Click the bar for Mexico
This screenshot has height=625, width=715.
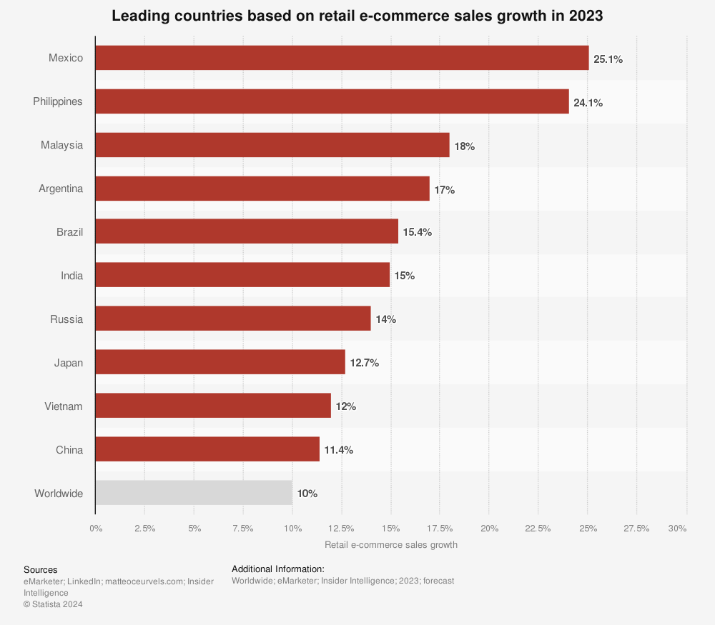point(342,58)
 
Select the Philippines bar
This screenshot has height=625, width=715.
point(332,101)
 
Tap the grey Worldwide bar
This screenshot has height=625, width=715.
point(194,493)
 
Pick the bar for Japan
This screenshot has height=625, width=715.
point(220,362)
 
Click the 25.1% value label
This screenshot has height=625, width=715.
point(608,59)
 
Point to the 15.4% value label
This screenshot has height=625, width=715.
point(417,232)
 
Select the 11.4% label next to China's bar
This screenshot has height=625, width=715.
point(338,450)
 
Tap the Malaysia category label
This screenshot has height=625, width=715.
point(61,145)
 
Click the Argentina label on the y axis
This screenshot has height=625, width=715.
point(61,189)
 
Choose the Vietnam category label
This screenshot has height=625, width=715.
point(63,406)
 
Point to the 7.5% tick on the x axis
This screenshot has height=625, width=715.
point(243,529)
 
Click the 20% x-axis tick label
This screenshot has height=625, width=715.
point(488,529)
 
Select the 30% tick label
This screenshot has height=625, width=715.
point(677,529)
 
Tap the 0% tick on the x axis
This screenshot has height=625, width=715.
point(96,529)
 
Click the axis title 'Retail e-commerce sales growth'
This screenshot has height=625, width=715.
point(390,544)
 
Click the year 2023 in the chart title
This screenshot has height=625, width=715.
point(586,16)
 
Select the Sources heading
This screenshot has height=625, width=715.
point(40,569)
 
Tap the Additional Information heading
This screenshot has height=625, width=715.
point(278,569)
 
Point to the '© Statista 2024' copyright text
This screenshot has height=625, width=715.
point(53,604)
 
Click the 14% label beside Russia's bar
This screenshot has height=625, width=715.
point(385,319)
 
